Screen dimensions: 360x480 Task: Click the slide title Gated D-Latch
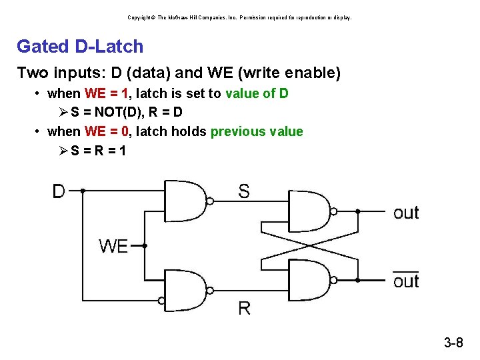coord(80,47)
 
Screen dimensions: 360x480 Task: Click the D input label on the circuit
coord(59,191)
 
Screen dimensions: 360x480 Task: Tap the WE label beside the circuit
coord(113,246)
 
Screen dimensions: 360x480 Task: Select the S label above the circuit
coord(244,192)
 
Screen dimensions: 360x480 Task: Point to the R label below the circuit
coord(244,308)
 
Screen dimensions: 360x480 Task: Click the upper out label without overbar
coord(406,213)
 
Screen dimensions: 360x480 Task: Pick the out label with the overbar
coord(406,281)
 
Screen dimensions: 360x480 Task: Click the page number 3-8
coord(453,343)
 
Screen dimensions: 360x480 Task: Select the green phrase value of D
coord(257,93)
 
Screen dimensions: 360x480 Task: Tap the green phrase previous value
coord(257,131)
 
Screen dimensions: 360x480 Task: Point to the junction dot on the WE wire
coord(145,245)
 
